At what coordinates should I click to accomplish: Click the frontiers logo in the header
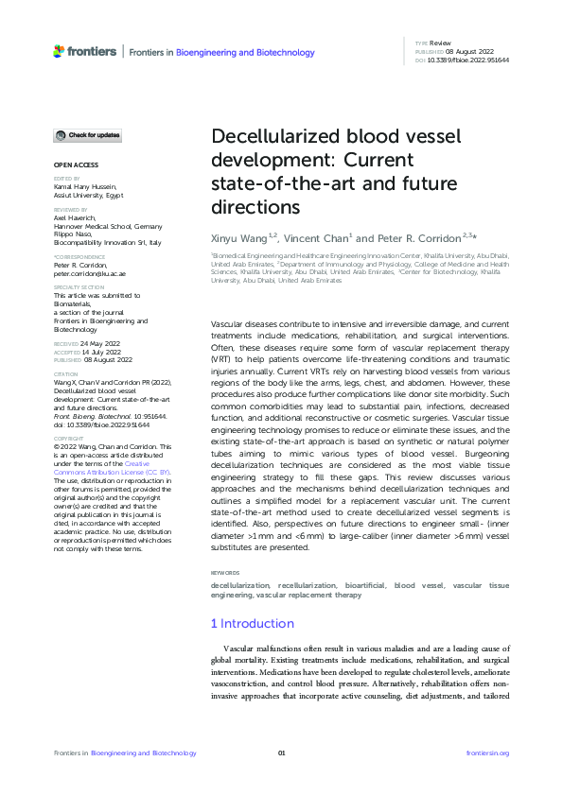coord(86,50)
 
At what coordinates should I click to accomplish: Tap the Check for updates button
coord(87,135)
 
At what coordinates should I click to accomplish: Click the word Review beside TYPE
coord(439,43)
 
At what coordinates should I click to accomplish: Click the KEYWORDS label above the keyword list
coord(226,573)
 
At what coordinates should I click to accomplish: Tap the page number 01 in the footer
coord(281,753)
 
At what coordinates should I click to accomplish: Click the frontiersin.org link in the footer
coord(488,753)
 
